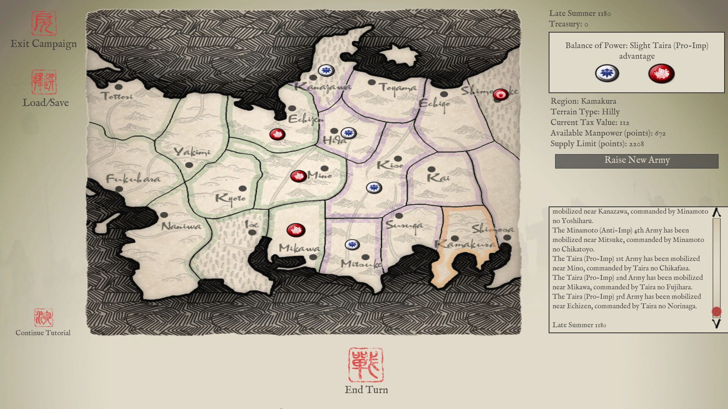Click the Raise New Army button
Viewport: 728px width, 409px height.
pyautogui.click(x=637, y=161)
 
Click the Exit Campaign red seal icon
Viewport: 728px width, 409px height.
pyautogui.click(x=44, y=23)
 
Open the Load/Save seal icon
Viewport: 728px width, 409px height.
pyautogui.click(x=44, y=82)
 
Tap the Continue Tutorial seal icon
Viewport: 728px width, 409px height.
pyautogui.click(x=44, y=317)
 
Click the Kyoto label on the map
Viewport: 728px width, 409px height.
pyautogui.click(x=230, y=198)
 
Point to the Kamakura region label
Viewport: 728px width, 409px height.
pyautogui.click(x=465, y=245)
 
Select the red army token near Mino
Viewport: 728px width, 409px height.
pyautogui.click(x=298, y=176)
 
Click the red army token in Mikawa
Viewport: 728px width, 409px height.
pyautogui.click(x=296, y=230)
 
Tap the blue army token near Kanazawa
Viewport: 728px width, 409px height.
pyautogui.click(x=326, y=70)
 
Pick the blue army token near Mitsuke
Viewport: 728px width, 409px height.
pyautogui.click(x=352, y=245)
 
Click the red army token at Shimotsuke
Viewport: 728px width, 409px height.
pyautogui.click(x=500, y=95)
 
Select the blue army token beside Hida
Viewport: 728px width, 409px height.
pyautogui.click(x=348, y=133)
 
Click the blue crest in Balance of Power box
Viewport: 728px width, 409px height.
pyautogui.click(x=607, y=73)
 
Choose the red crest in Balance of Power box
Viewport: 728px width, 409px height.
pyautogui.click(x=661, y=73)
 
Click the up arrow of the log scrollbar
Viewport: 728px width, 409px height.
pyautogui.click(x=716, y=213)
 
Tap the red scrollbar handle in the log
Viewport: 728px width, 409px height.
pyautogui.click(x=716, y=312)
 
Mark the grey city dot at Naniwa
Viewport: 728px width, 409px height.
pyautogui.click(x=164, y=215)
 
